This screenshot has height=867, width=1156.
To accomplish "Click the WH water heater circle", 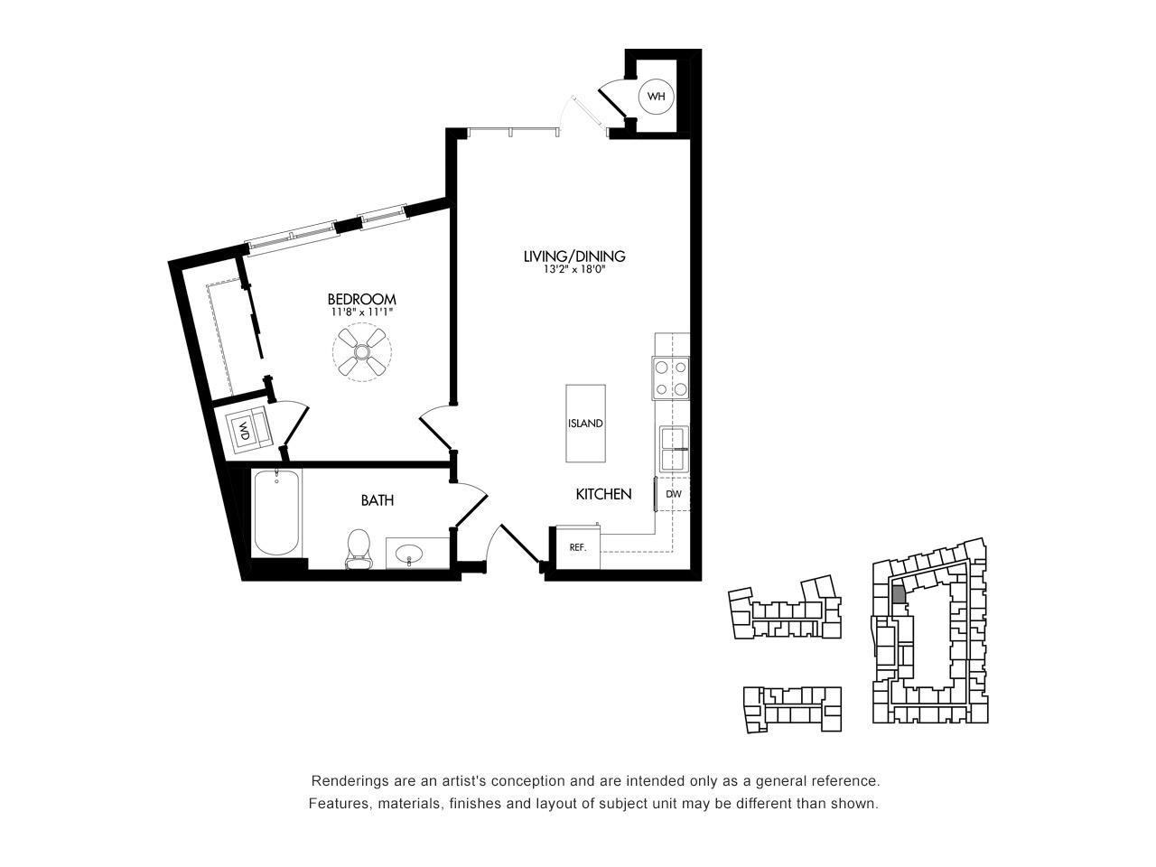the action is [x=656, y=97].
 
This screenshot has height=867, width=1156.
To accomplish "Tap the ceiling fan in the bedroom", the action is [x=362, y=352].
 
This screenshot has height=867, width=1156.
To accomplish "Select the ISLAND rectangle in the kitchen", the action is [x=585, y=424].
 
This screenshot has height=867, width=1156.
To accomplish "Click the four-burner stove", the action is [x=670, y=378].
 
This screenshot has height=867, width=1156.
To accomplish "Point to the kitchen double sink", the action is [x=674, y=449].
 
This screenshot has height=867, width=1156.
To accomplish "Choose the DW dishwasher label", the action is [x=674, y=494].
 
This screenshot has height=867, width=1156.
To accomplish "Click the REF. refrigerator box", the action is [x=578, y=547].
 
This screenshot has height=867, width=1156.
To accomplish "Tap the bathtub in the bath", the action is [x=277, y=513].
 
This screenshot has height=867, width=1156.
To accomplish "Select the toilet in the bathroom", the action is [x=359, y=548].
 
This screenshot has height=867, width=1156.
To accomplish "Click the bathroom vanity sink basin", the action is [x=409, y=554].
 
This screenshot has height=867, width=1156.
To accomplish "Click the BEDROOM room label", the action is [x=362, y=300].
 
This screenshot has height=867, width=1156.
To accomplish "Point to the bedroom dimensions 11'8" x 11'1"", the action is [x=362, y=312].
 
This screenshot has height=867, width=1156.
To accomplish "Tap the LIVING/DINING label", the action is [x=574, y=256].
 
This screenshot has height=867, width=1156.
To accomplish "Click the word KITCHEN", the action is [x=603, y=494].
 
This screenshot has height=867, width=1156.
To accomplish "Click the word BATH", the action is [x=378, y=500].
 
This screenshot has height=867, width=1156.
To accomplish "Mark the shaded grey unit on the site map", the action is [x=899, y=595].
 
